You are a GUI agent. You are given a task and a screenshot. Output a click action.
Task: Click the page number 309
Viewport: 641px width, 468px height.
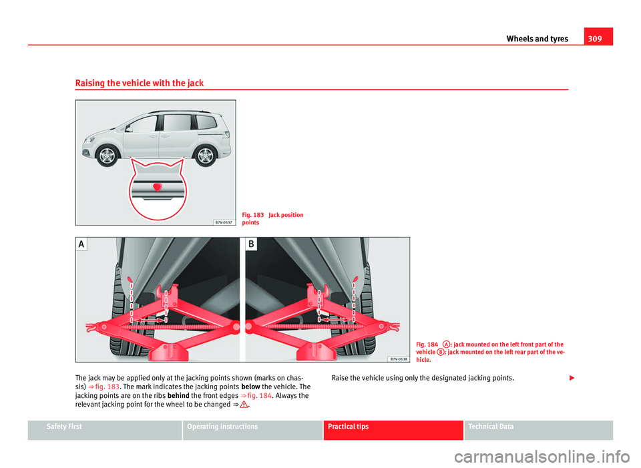(x=601, y=39)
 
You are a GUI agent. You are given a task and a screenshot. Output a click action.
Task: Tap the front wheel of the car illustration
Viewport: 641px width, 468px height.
(x=107, y=156)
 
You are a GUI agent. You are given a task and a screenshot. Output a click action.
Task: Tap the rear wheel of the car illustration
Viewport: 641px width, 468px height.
(x=204, y=154)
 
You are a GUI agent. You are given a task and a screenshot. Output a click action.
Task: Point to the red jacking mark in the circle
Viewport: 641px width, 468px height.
(x=156, y=186)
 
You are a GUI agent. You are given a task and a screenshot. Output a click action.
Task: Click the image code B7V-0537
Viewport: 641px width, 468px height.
(x=224, y=222)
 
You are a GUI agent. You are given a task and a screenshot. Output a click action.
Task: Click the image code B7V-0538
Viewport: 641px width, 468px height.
(x=398, y=359)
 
